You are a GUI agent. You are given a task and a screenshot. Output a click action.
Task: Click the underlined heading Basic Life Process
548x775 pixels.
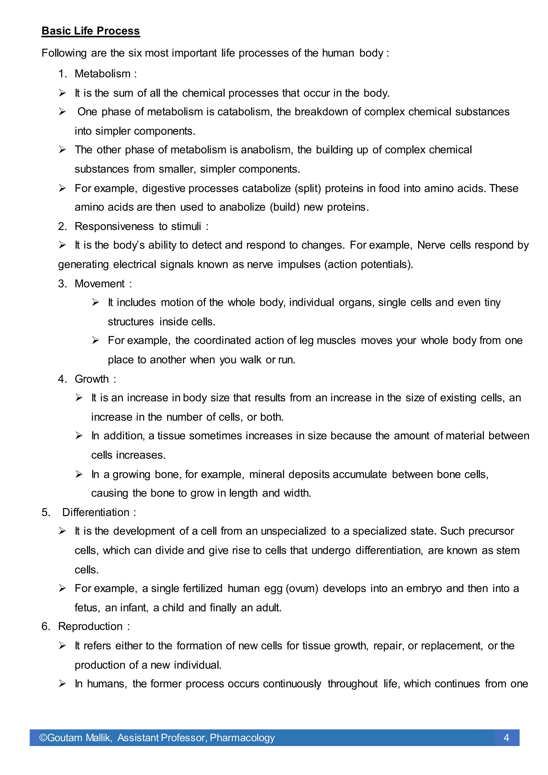tap(90, 31)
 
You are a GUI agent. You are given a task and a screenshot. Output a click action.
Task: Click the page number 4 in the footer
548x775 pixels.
tap(506, 737)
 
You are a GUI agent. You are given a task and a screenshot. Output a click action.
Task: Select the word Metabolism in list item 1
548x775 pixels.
tap(102, 74)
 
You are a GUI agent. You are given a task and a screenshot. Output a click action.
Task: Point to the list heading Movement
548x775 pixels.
tap(100, 284)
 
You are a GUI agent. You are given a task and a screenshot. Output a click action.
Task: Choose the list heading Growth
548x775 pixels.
tap(92, 379)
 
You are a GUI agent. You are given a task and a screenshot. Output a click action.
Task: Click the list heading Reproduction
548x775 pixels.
tap(90, 626)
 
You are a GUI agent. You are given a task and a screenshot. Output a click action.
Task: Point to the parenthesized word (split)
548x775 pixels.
tap(308, 188)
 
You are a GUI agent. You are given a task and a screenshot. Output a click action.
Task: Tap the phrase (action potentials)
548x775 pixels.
tap(368, 264)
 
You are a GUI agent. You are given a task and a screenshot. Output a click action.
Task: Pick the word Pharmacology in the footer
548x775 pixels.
tap(242, 738)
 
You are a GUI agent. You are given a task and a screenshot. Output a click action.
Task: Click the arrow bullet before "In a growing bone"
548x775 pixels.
tap(79, 474)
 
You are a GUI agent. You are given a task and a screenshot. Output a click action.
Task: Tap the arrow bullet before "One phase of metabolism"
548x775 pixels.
tap(62, 112)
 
